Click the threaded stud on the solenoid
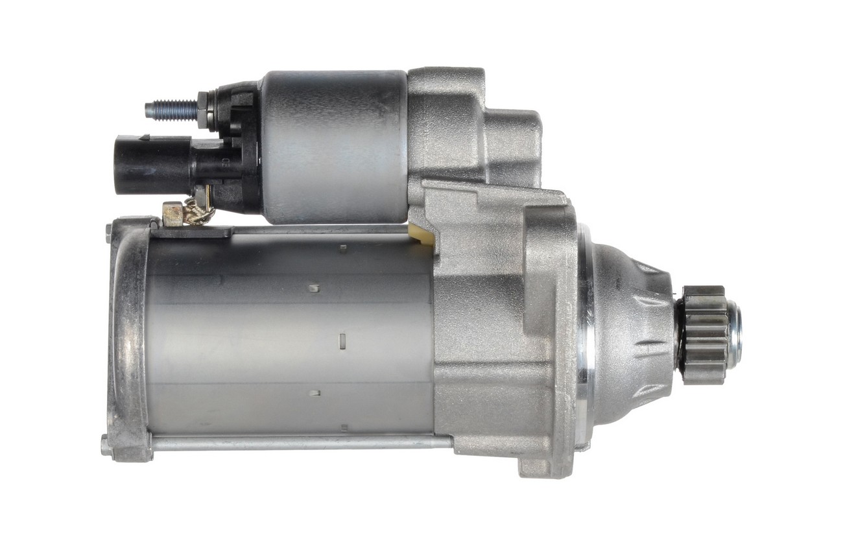[170, 110]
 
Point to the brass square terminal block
[172, 213]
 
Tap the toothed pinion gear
[703, 335]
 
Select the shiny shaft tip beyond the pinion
[734, 335]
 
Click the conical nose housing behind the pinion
[632, 334]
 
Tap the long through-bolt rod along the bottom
[298, 442]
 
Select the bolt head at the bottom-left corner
[106, 446]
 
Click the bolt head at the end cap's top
[109, 232]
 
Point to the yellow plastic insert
[422, 234]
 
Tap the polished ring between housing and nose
[584, 337]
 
